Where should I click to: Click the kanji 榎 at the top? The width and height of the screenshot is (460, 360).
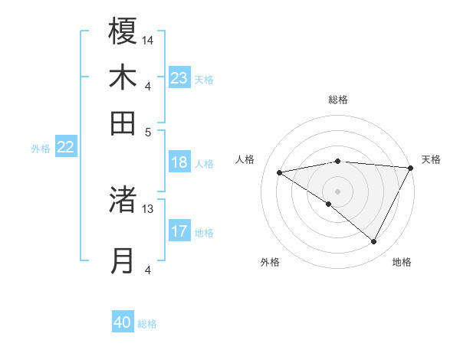point(123,31)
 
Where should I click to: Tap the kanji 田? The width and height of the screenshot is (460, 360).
point(123,122)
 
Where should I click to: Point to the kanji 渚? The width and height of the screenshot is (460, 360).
point(123,199)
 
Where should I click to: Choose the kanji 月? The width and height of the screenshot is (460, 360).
point(123,260)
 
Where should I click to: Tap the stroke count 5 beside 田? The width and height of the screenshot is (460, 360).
point(148,131)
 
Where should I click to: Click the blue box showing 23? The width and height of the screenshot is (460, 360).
point(179,78)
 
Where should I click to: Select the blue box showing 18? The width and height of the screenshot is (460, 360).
point(179,162)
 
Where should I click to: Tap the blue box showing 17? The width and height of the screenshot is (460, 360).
point(179,231)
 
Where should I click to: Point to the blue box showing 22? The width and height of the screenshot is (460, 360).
point(65,148)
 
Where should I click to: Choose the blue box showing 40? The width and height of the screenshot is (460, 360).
point(123,322)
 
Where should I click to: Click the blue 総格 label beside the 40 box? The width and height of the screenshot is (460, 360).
point(148,324)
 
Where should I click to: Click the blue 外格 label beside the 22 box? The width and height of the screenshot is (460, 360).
point(41,149)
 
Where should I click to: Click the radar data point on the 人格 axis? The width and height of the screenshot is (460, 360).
point(280,172)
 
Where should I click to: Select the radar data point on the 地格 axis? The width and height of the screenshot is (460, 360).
point(374,242)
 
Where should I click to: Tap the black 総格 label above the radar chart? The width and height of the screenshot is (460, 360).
point(338,100)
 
